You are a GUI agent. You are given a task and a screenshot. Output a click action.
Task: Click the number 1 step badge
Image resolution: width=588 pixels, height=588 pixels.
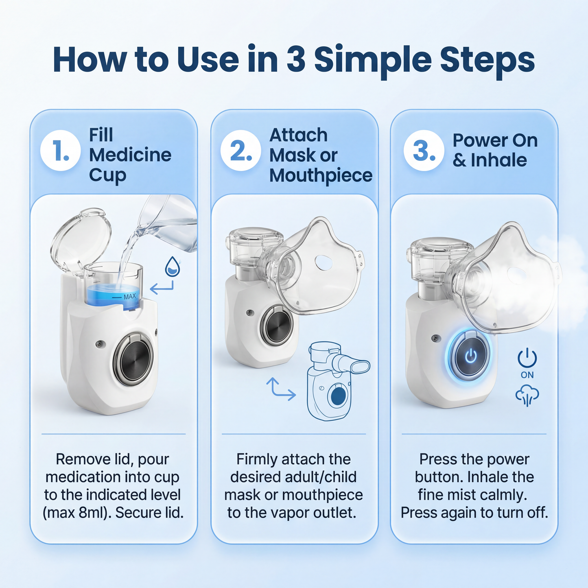(x=60, y=151)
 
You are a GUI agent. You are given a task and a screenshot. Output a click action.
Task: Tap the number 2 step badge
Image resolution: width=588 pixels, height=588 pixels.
(x=240, y=151)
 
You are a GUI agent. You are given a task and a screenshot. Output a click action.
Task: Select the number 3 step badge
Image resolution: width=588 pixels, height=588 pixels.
(x=424, y=151)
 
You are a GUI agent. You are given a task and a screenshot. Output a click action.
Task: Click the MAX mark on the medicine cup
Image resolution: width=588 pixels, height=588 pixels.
(x=129, y=297)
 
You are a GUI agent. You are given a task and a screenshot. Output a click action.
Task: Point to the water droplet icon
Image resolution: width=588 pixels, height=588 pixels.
(x=173, y=267)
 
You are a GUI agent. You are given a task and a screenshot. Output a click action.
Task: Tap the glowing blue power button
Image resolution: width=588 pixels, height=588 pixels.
(x=470, y=356)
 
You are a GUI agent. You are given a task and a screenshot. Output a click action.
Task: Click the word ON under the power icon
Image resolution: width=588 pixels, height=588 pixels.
(x=527, y=375)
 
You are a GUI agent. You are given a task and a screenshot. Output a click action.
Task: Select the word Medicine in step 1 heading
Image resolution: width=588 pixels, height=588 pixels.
(x=130, y=155)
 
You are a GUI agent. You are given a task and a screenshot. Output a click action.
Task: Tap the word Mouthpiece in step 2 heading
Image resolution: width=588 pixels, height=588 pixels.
(x=321, y=175)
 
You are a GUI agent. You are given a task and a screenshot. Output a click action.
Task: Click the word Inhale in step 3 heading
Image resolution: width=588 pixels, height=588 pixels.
(x=498, y=160)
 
